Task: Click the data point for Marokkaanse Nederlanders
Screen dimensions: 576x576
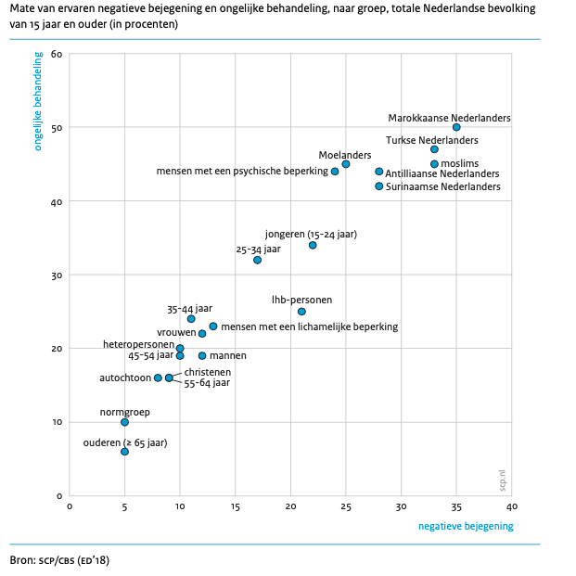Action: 456,127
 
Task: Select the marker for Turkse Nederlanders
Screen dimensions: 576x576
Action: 434,149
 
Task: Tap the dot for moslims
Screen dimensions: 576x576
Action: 434,164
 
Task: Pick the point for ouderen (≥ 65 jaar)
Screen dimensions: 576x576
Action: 124,452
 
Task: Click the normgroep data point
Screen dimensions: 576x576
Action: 124,422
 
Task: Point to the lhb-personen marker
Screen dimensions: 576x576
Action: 301,312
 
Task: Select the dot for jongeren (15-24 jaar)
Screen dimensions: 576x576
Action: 313,245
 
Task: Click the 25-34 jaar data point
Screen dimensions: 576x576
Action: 257,260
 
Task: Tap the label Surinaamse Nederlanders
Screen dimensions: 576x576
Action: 443,186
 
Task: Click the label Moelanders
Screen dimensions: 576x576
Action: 345,154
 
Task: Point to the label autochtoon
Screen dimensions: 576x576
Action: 124,378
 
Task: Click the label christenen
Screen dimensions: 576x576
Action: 208,371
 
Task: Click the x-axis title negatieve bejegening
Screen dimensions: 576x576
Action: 466,527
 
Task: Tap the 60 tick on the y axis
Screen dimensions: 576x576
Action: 57,54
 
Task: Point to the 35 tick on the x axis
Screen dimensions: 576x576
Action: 456,506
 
